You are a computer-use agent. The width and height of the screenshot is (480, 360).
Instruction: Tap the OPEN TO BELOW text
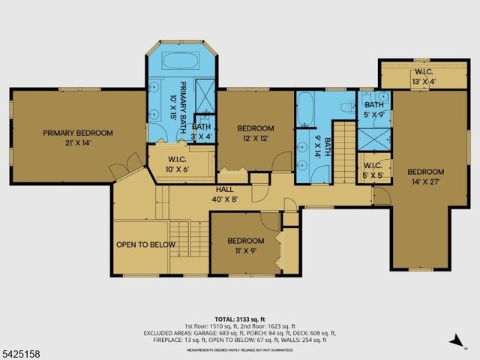(x=145, y=244)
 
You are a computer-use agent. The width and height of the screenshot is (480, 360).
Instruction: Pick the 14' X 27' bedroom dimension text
(x=425, y=181)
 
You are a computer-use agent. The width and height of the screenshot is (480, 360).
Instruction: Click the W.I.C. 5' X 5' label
(x=373, y=171)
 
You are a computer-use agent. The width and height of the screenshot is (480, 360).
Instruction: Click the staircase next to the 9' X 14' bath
(x=344, y=153)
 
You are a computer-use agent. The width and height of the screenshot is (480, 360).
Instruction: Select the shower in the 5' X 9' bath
(x=372, y=140)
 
